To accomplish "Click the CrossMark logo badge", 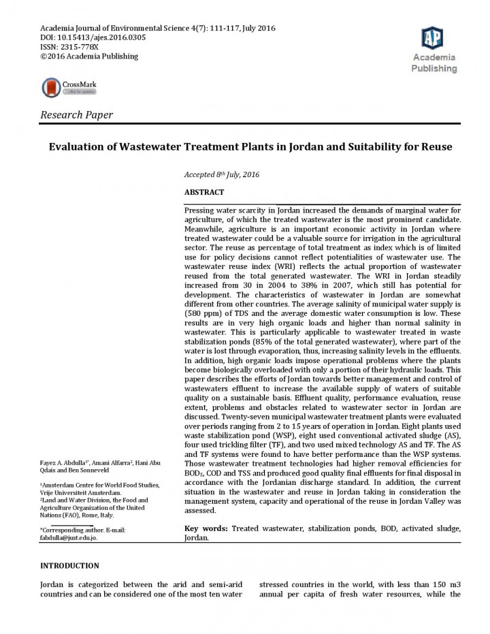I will (x=69, y=87).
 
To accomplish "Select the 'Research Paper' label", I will (x=76, y=114).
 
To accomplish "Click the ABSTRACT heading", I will (x=204, y=193).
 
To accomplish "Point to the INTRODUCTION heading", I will (x=69, y=565).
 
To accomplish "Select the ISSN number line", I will (x=69, y=46).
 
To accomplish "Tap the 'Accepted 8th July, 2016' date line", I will (x=222, y=175).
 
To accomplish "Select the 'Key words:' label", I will (x=206, y=528).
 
